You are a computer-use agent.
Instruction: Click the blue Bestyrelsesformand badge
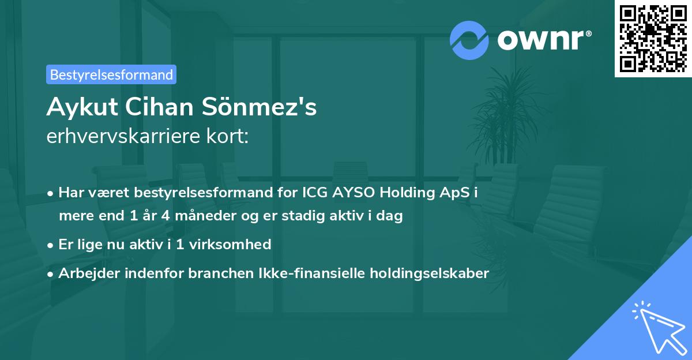[x=111, y=74]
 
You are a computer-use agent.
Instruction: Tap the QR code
[x=653, y=39]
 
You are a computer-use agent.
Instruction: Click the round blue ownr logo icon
[x=469, y=40]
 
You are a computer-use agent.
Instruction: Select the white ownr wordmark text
[x=544, y=40]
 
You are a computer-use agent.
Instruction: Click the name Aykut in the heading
[x=82, y=107]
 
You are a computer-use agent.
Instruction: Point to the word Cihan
[x=159, y=107]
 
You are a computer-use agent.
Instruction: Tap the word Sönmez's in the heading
[x=259, y=107]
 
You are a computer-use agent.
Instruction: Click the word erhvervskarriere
[x=123, y=136]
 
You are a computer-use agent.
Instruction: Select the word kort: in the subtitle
[x=227, y=136]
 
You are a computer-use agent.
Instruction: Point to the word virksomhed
[x=230, y=245]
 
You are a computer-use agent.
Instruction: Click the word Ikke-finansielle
[x=312, y=273]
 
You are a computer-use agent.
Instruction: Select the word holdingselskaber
[x=430, y=273]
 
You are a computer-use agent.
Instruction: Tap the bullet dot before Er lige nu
[x=50, y=246]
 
